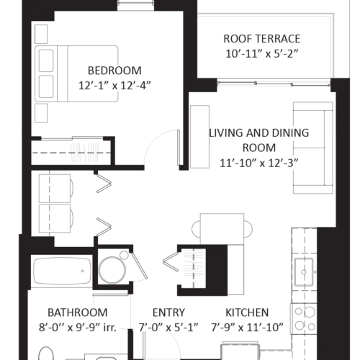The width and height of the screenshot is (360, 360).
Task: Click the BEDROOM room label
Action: coord(114,71)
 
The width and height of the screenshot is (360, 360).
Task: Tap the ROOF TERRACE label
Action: coord(262,39)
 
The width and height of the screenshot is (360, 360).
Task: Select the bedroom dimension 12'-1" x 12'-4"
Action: coord(114,86)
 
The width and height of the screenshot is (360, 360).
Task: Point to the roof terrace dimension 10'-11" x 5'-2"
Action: coord(262,54)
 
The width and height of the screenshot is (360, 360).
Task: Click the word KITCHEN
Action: coord(247,312)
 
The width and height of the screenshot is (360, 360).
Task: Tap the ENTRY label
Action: coord(168,312)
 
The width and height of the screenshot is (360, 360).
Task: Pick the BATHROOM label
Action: coord(78,312)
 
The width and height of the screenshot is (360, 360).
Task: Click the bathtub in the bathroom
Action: coord(63,271)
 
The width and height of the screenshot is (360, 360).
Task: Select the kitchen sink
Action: coord(304,272)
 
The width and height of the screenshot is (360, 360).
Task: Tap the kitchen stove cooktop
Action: coord(304,319)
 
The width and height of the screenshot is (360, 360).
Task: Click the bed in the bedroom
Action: coord(76,73)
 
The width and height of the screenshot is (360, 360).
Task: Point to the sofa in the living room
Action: coord(313,148)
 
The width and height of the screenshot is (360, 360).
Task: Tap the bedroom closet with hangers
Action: coord(71,152)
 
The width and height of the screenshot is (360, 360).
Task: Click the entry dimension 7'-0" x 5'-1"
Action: coord(168,328)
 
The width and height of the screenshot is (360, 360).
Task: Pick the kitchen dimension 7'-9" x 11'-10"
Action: coord(247,328)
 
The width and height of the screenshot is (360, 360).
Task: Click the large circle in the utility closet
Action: coord(112,271)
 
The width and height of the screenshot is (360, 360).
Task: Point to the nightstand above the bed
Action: coord(41,34)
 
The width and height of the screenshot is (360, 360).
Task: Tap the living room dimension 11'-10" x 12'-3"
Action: coord(259,163)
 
